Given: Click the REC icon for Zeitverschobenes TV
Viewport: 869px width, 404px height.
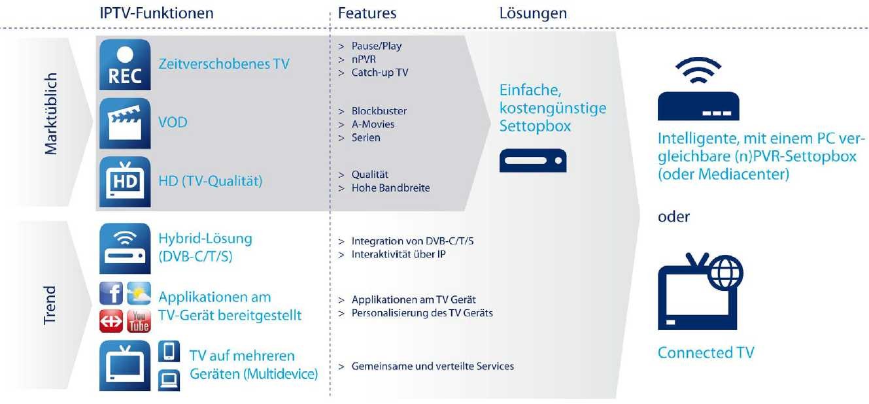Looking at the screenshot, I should point(124,64).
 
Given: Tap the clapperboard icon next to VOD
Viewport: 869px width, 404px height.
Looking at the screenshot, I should point(124,123).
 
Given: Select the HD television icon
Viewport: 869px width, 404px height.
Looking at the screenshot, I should point(124,181).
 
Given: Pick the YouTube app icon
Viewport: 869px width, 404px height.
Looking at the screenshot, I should point(139,320).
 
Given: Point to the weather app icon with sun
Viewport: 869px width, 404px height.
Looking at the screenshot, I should point(139,294).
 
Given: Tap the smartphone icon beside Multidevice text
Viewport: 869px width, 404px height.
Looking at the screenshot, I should point(168,352).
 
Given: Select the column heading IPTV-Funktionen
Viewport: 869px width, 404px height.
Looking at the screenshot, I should point(157,13).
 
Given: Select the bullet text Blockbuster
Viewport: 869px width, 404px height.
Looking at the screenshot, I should point(379,110).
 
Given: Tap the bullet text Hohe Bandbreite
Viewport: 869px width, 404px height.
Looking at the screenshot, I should point(390,188).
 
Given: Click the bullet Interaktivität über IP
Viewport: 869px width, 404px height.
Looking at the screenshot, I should point(398,254).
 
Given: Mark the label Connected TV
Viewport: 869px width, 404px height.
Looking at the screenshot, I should point(706,353).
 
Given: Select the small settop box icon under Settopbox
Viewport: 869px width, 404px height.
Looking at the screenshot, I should point(532,160).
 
